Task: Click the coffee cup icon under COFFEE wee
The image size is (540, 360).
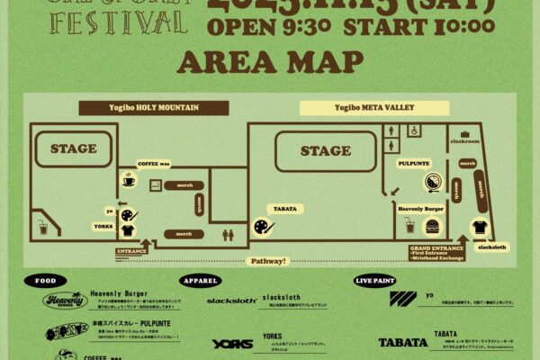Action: [x=128, y=181]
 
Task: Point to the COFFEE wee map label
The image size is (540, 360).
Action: [x=153, y=163]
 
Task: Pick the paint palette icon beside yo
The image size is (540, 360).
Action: [x=128, y=214]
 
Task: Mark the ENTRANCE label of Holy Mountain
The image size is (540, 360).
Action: [x=131, y=249]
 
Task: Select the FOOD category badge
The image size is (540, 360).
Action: [x=44, y=279]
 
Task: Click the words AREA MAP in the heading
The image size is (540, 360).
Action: [x=270, y=62]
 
